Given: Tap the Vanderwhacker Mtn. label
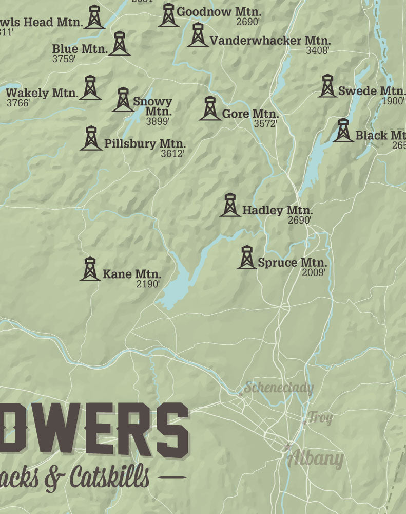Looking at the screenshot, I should pyautogui.click(x=270, y=40).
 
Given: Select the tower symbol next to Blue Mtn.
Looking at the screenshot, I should pyautogui.click(x=120, y=44).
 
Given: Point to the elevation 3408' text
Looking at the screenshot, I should pyautogui.click(x=317, y=50).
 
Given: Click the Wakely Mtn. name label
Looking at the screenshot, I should pyautogui.click(x=42, y=93).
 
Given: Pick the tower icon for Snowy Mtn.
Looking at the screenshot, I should pyautogui.click(x=123, y=100).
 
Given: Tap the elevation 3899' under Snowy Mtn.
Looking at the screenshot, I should pyautogui.click(x=158, y=122).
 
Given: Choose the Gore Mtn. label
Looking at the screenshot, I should pyautogui.click(x=250, y=114).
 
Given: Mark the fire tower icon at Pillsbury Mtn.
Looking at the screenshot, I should pyautogui.click(x=91, y=138).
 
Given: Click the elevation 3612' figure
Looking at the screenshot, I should pyautogui.click(x=172, y=153).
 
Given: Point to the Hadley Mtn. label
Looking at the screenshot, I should pyautogui.click(x=277, y=210).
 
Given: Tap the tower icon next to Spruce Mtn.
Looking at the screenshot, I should pyautogui.click(x=246, y=258).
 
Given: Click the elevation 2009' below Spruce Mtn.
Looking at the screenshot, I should pyautogui.click(x=313, y=272).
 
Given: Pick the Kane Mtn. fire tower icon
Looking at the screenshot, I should pyautogui.click(x=90, y=269).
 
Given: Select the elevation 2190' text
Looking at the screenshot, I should pyautogui.click(x=148, y=283).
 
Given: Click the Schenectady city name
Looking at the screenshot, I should pyautogui.click(x=278, y=387).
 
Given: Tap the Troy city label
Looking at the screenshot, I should pyautogui.click(x=320, y=418).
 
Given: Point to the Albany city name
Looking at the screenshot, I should pyautogui.click(x=315, y=458).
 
